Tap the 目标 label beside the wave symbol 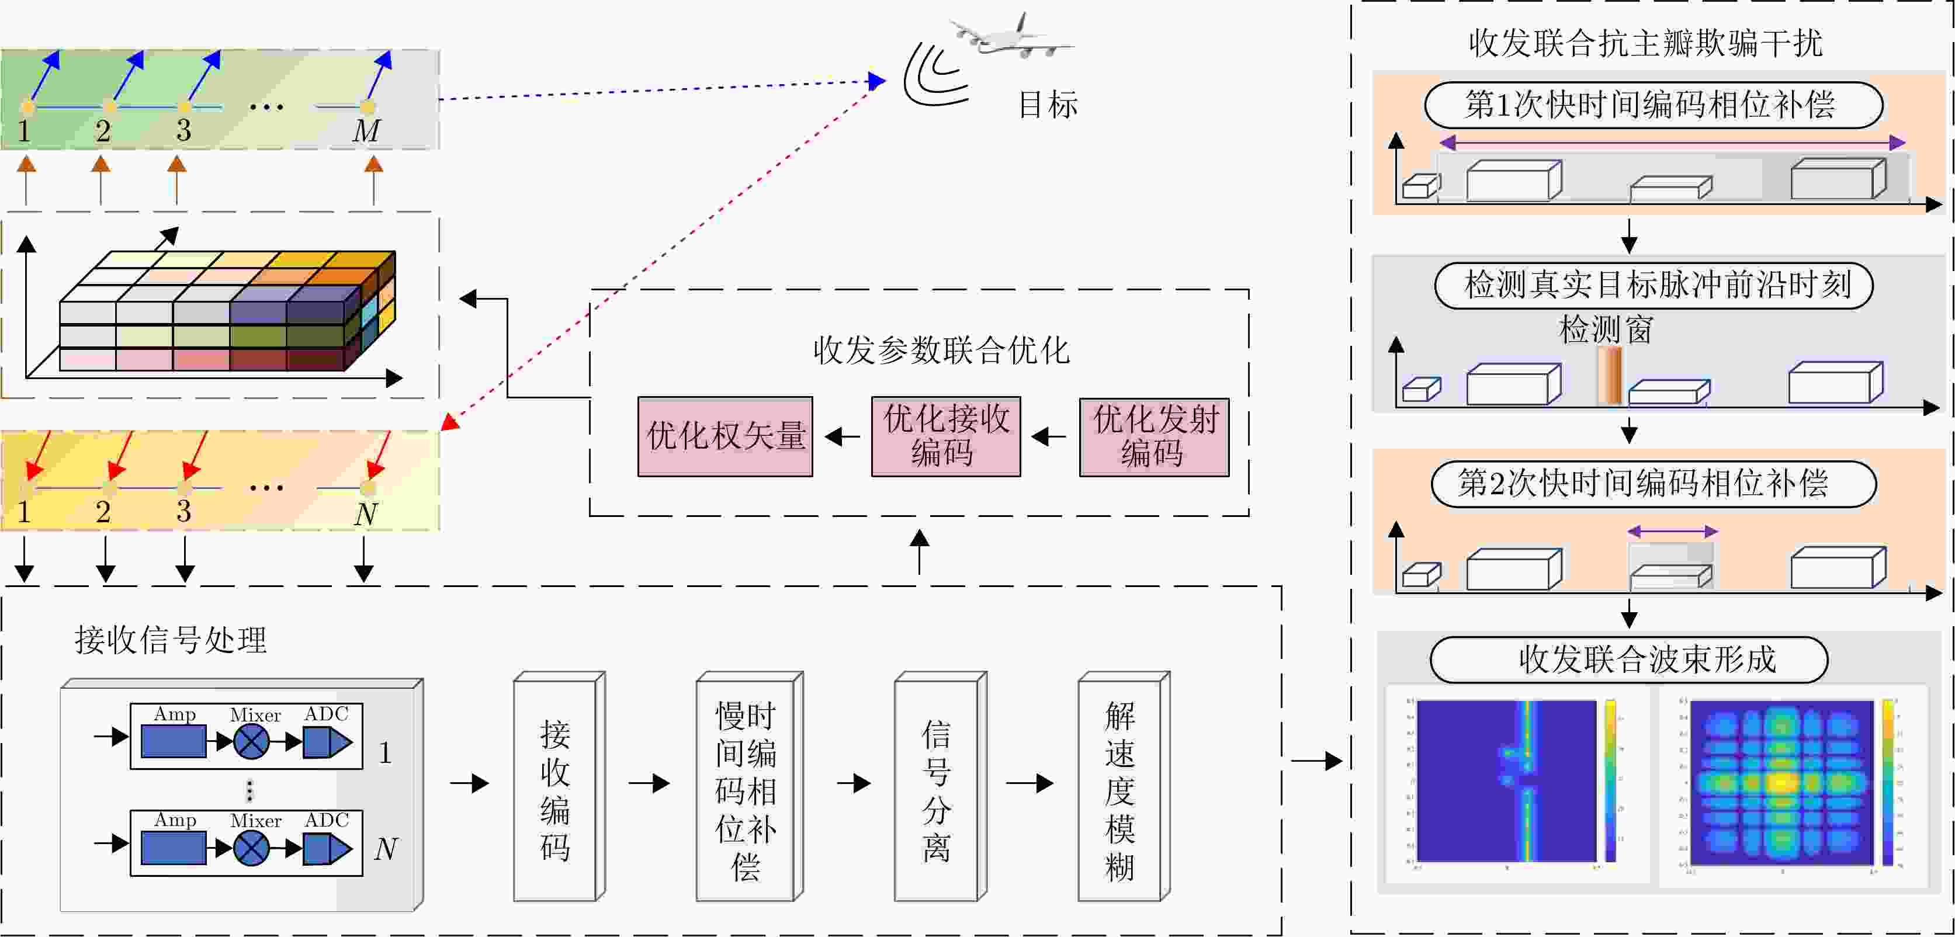coord(1047,105)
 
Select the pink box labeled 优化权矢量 coord(725,436)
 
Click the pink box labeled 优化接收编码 coord(945,436)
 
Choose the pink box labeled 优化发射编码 coord(1153,436)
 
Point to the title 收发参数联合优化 coord(941,350)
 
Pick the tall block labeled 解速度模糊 coord(1120,789)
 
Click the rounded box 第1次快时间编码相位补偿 coord(1653,105)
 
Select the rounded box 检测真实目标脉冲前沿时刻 coord(1653,285)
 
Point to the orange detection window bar coord(1609,376)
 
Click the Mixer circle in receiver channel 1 coord(251,741)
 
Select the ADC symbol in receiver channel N coord(327,848)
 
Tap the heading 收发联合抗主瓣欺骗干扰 coord(1645,43)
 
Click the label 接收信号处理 coord(171,640)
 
